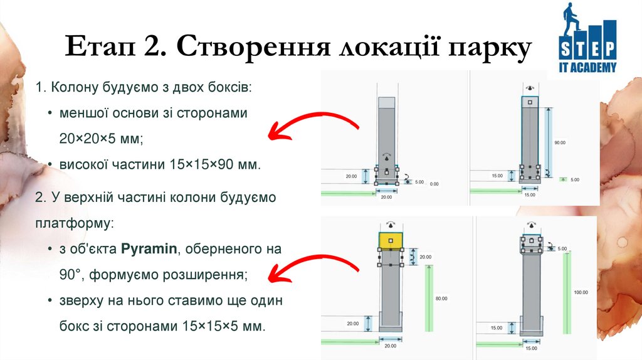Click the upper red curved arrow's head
(275, 132)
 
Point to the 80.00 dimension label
(441, 299)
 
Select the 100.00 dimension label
(581, 292)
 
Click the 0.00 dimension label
(434, 184)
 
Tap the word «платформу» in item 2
(74, 223)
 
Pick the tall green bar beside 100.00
(567, 295)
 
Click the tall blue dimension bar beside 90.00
(549, 142)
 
